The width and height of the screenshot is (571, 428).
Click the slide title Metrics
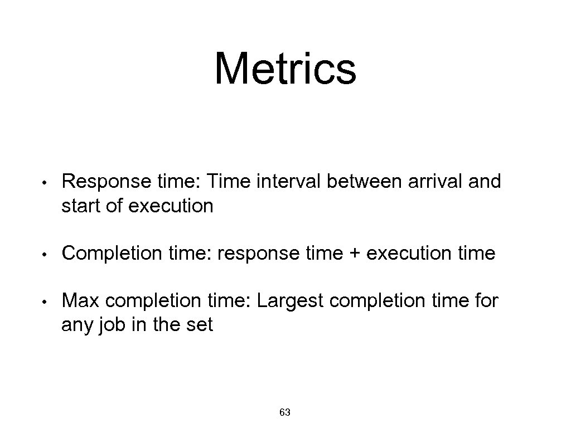tap(285, 69)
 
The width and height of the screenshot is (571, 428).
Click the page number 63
tap(285, 412)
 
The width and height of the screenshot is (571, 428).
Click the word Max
tap(81, 301)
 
